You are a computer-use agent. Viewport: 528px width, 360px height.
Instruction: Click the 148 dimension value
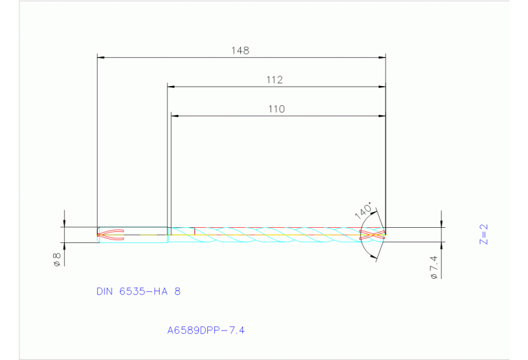coord(240,50)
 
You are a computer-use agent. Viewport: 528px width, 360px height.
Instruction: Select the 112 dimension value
coord(275,80)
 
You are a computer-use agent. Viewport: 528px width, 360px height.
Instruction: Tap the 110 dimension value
coord(277,109)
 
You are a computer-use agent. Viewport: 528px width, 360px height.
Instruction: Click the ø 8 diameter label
coord(57,260)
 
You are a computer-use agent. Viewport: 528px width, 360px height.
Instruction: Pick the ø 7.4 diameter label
coord(433,266)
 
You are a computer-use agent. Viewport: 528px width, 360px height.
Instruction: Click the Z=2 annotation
coord(483,234)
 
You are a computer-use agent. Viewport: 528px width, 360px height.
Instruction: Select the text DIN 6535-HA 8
coord(138,291)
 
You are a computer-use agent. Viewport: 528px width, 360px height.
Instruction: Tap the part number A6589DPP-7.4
coord(206,330)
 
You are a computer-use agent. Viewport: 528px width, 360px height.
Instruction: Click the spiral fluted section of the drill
coord(275,234)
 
